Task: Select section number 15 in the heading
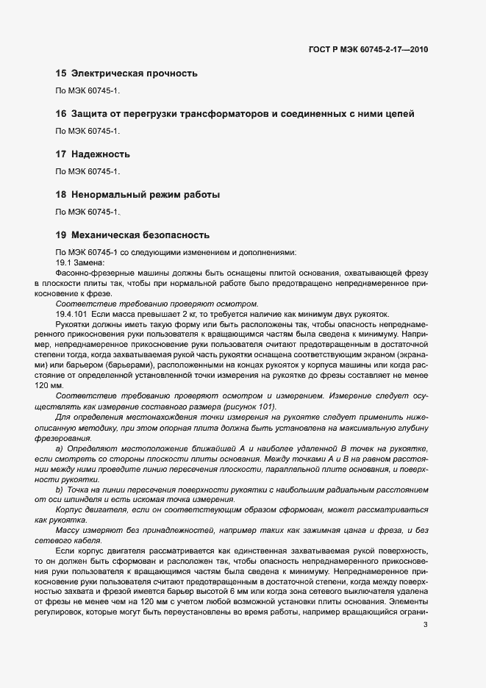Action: point(61,74)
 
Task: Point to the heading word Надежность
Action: point(101,154)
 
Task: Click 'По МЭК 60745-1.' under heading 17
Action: point(87,171)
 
